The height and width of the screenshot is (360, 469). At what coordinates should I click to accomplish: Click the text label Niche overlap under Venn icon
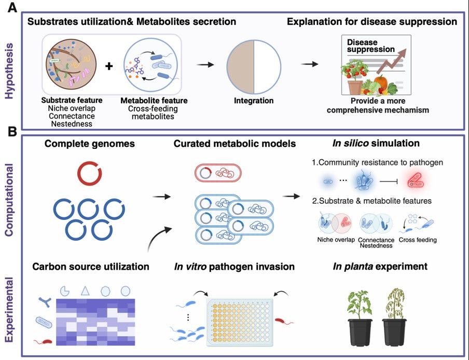336,240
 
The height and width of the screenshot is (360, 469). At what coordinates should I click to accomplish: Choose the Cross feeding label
418,240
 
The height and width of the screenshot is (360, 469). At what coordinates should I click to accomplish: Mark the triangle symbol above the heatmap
85,291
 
